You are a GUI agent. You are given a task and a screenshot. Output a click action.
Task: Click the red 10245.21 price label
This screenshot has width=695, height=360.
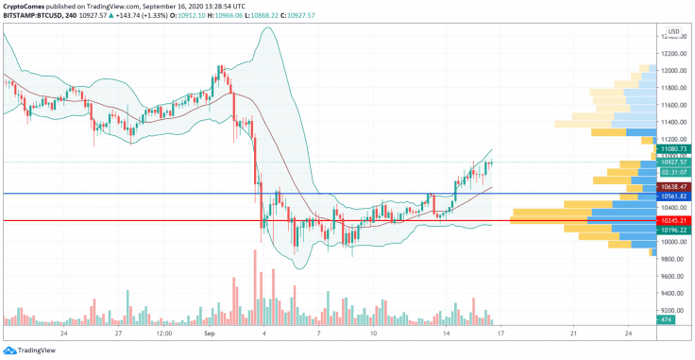674,221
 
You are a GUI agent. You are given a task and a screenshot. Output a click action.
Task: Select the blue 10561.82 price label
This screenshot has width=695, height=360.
674,196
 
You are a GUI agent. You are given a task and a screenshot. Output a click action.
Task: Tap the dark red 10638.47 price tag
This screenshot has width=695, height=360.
674,187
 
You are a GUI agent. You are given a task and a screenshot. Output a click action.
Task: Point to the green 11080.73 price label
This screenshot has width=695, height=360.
674,149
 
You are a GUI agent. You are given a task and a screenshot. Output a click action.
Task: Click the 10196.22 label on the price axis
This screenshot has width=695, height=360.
674,230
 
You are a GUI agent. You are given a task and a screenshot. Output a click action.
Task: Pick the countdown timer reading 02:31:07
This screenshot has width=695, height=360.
674,171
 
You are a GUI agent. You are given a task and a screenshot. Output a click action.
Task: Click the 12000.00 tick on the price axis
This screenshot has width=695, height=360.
672,71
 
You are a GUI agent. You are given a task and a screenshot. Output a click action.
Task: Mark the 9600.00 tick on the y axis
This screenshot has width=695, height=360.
672,276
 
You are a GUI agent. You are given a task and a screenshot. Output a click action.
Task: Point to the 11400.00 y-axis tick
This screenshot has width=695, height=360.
672,122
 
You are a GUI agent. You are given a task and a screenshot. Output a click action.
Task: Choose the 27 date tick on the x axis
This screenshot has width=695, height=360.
119,334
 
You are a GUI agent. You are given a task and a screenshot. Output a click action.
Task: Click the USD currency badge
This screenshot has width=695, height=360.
673,31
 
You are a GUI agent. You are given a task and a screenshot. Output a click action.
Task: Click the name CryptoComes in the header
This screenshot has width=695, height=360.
28,6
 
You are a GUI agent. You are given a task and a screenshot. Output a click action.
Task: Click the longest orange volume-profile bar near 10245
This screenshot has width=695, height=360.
549,221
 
